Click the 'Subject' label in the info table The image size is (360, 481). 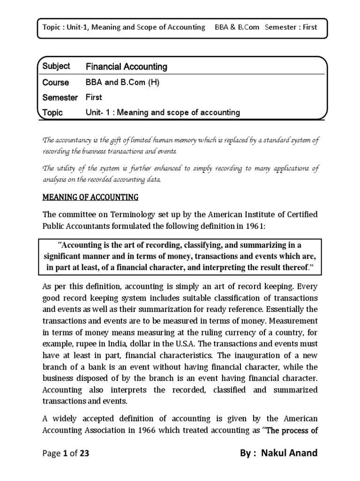coord(56,67)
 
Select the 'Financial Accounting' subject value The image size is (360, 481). coord(126,67)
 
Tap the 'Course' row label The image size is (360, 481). coord(55,82)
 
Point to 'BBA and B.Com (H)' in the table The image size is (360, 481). coord(122,82)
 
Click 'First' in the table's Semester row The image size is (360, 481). coord(93,97)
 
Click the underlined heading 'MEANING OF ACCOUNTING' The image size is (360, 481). coord(90,198)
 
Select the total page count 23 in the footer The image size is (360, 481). coord(84,453)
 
